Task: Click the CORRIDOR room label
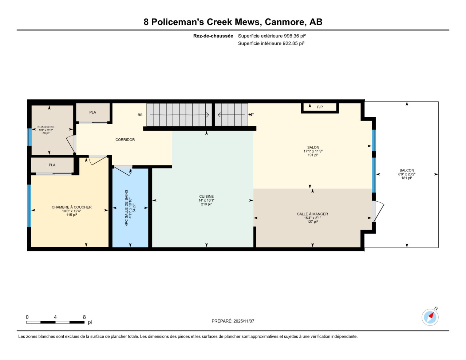tap(125, 139)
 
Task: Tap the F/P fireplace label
tap(320, 107)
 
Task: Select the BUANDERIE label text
tap(46, 127)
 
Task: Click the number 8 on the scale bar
tap(84, 317)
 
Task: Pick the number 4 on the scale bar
tap(55, 317)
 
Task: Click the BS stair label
tap(140, 115)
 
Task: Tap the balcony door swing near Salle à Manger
tap(378, 211)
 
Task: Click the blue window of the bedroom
tap(29, 206)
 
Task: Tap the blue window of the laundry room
tap(29, 137)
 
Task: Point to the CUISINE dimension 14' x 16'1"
tap(206, 200)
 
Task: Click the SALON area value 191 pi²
tap(313, 155)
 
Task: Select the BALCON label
tap(407, 170)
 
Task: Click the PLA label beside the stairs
tap(92, 112)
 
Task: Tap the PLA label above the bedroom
tap(52, 165)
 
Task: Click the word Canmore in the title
tap(285, 22)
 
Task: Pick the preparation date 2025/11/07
tap(244, 321)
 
